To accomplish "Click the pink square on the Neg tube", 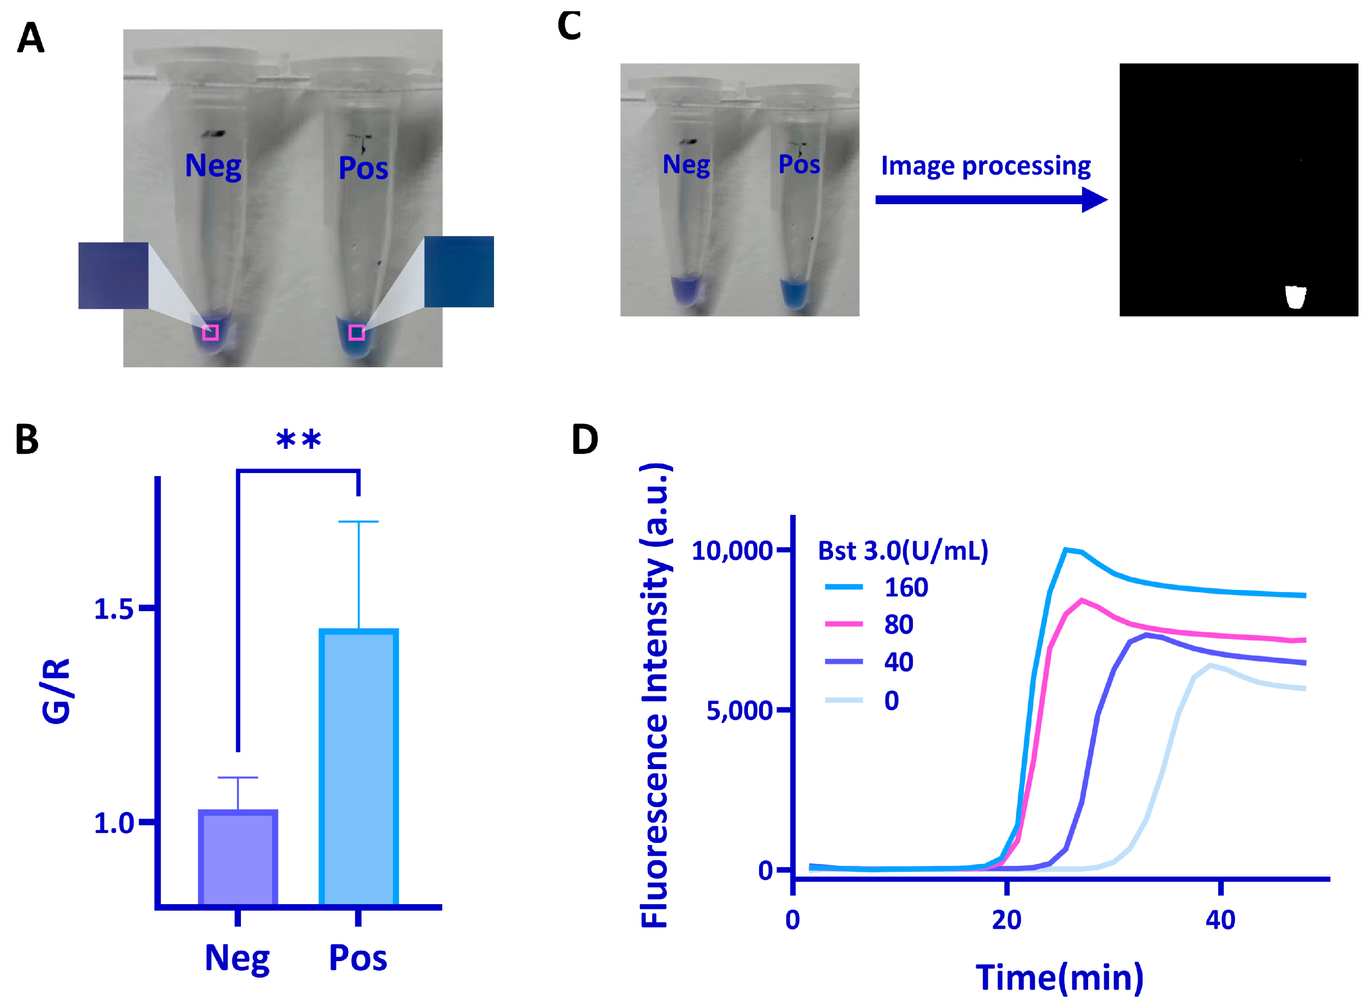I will (x=210, y=332).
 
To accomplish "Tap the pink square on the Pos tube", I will (x=357, y=332).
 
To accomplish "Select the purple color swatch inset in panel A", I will (x=113, y=275).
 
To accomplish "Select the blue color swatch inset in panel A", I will (x=459, y=271).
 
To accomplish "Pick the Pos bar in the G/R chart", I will (x=358, y=767).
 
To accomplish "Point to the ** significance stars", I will (x=298, y=440).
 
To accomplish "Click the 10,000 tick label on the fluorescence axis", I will (x=731, y=551).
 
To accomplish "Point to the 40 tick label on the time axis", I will (x=1220, y=920).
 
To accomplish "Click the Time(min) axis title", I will (x=1059, y=978).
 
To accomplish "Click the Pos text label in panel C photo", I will (x=799, y=164).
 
